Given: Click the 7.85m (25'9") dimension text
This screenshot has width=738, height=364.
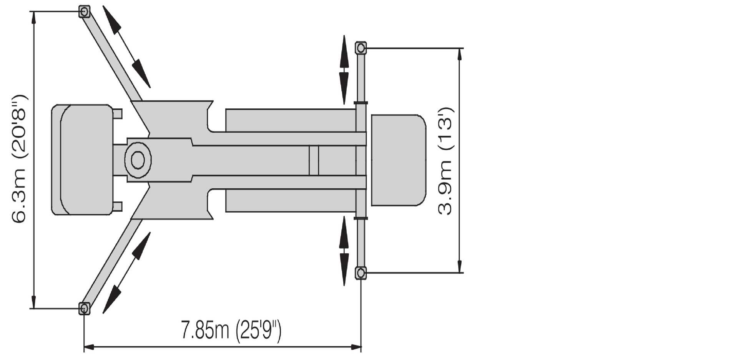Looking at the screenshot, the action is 231,330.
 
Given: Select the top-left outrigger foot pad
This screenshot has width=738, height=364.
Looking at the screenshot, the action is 84,12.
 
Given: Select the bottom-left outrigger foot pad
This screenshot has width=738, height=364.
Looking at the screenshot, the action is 84,308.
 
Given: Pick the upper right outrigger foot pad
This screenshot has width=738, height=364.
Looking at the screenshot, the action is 361,48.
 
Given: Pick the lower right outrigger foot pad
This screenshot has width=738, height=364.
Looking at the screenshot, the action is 361,273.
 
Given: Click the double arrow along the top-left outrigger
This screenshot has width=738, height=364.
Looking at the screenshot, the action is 126,47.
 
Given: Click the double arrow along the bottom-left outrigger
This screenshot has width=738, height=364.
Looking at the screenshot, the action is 126,273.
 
